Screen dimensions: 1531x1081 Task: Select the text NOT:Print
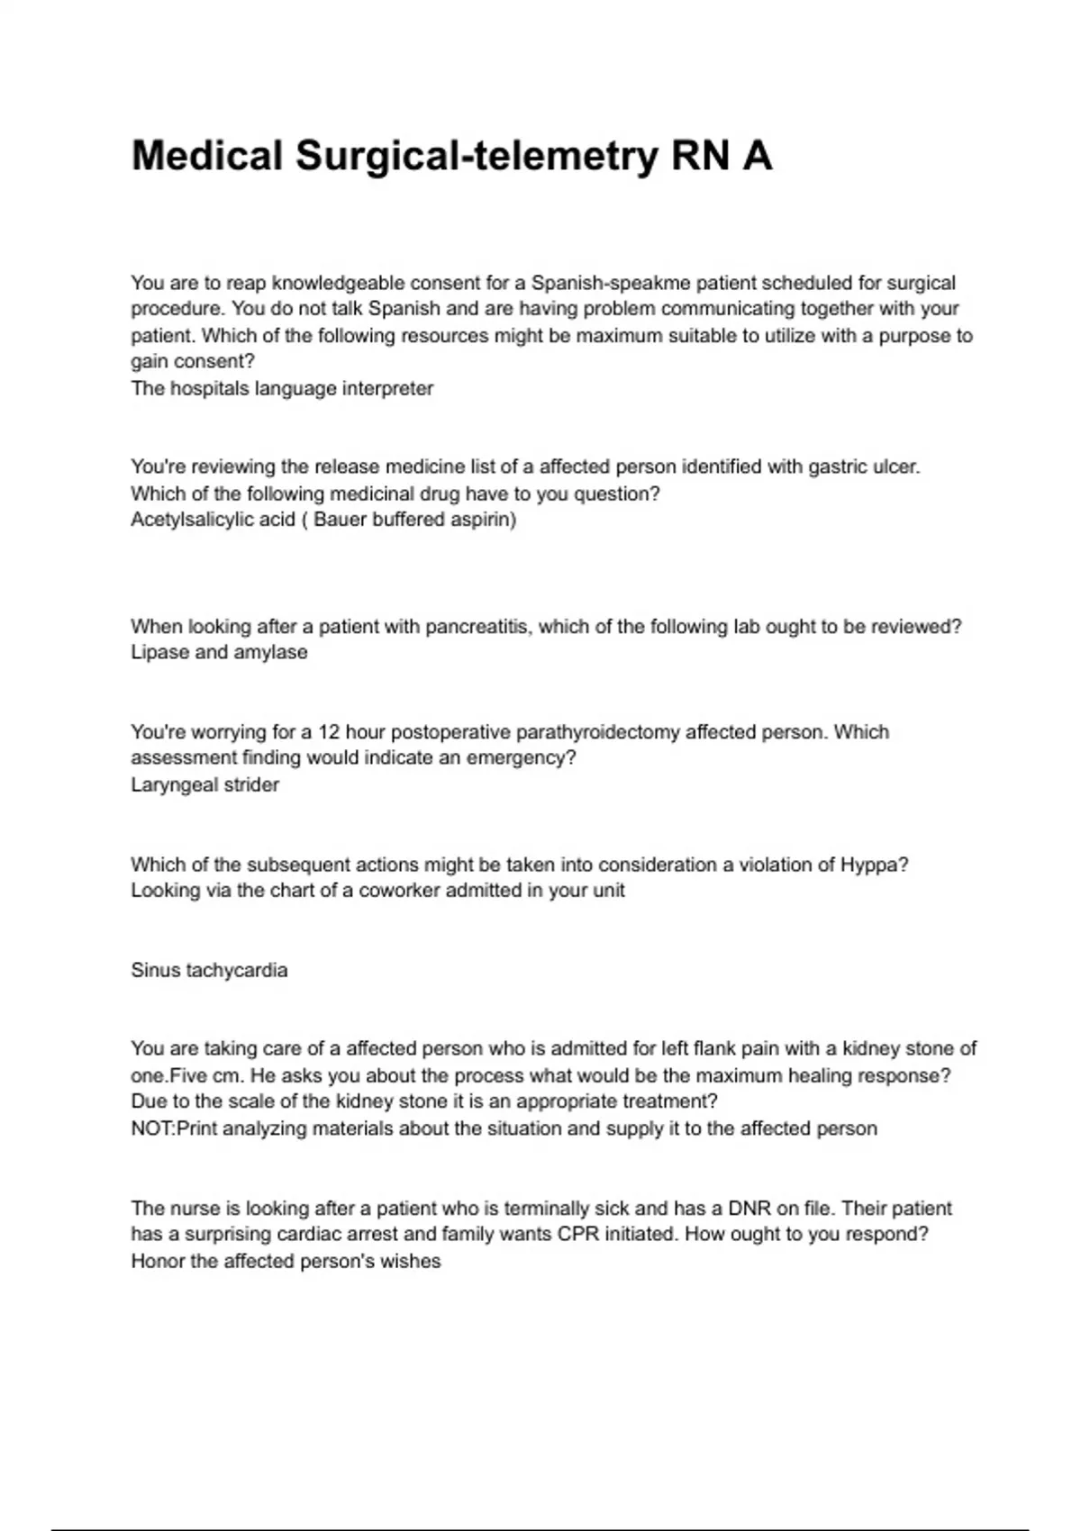pyautogui.click(x=172, y=1128)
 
